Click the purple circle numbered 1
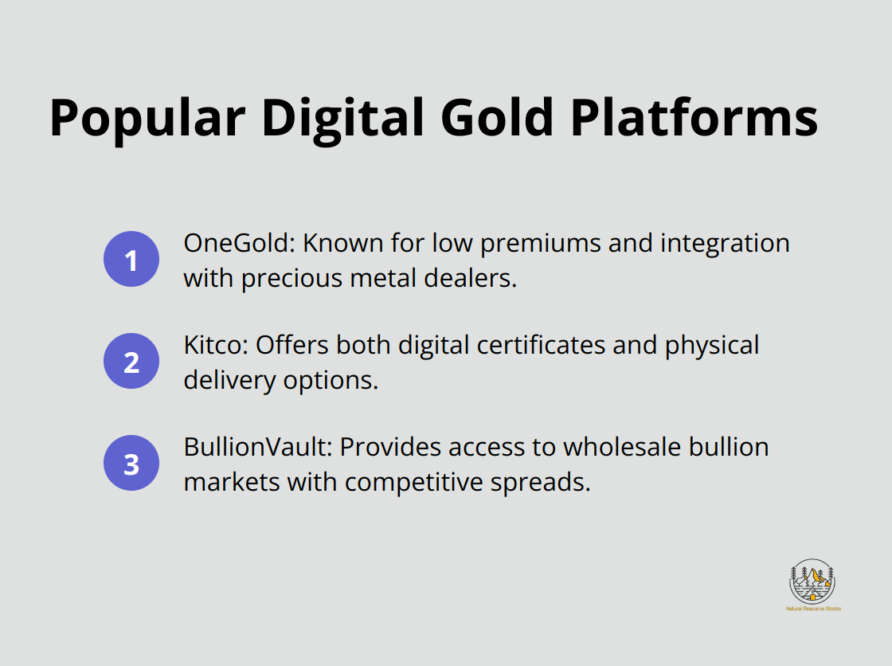point(131,259)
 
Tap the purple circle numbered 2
point(131,361)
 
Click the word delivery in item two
point(230,381)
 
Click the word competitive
point(411,483)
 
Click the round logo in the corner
point(812,581)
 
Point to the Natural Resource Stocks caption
point(812,609)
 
